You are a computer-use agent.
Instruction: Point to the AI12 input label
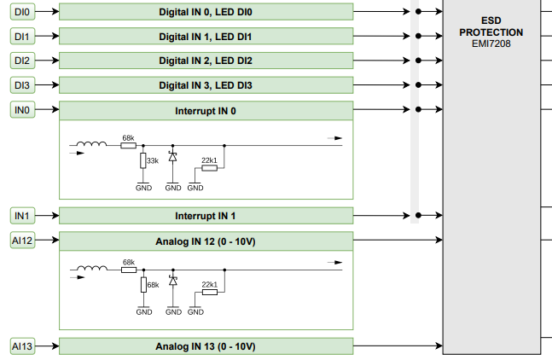point(23,241)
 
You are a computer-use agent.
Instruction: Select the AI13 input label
point(23,346)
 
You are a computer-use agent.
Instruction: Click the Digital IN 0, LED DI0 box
point(206,12)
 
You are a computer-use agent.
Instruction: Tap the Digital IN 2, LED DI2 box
point(206,61)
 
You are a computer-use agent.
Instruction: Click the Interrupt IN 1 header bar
point(206,216)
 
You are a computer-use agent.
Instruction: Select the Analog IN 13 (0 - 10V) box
point(206,346)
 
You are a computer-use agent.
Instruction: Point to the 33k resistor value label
point(152,160)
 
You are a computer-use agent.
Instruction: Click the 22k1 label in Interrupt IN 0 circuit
point(209,160)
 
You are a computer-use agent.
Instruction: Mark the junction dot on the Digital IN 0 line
point(417,12)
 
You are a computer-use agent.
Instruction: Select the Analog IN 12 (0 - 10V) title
point(206,241)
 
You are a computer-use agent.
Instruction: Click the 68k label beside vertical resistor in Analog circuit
point(153,285)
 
